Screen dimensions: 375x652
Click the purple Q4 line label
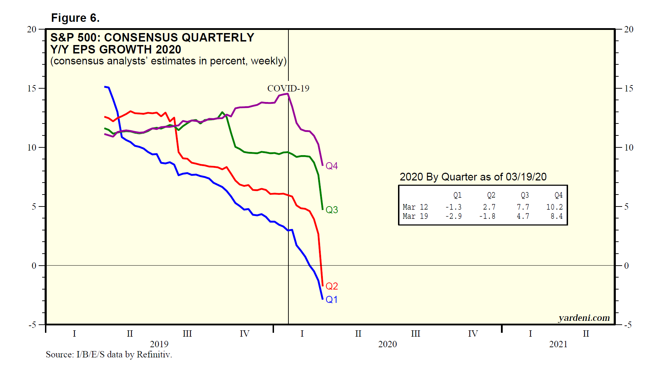(332, 166)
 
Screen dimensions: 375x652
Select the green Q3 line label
(332, 210)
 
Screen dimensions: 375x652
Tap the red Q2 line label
(332, 286)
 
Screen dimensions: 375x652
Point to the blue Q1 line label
(332, 299)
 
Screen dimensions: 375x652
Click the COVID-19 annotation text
(288, 88)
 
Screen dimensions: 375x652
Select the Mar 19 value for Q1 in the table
(454, 216)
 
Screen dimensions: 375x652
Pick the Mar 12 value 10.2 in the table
(554, 207)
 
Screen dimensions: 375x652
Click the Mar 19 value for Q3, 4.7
(523, 216)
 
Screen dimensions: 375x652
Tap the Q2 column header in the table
(491, 195)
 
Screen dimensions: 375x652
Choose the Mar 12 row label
(415, 207)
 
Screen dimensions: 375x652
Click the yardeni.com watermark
(584, 318)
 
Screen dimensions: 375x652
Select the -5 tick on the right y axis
(627, 325)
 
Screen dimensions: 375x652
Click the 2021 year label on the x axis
(558, 344)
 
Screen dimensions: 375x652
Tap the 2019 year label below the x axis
(159, 344)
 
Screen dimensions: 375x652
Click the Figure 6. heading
(76, 18)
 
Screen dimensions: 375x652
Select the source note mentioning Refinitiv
(109, 354)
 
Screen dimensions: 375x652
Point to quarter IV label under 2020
(473, 333)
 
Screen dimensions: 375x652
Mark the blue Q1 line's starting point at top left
(105, 87)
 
